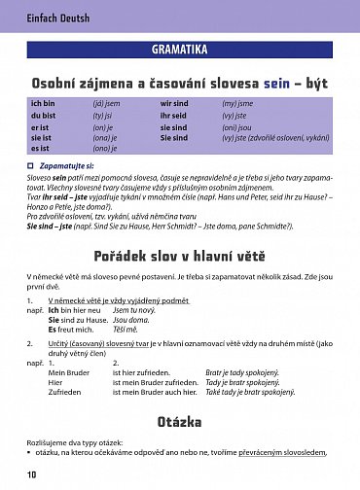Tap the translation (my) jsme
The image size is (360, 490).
click(x=237, y=102)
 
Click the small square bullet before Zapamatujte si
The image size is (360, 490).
click(x=32, y=167)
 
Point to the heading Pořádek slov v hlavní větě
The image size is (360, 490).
click(x=179, y=256)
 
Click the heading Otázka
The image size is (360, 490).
click(x=179, y=421)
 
